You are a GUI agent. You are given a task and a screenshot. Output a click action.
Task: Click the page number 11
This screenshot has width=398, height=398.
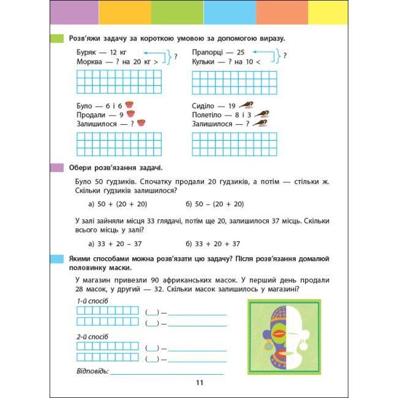199,383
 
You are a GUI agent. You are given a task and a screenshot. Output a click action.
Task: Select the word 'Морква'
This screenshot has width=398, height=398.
91,62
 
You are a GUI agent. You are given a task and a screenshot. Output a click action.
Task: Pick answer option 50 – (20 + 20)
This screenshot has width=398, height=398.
215,204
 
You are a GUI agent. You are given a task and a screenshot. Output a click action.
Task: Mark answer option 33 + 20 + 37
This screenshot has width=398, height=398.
215,243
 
